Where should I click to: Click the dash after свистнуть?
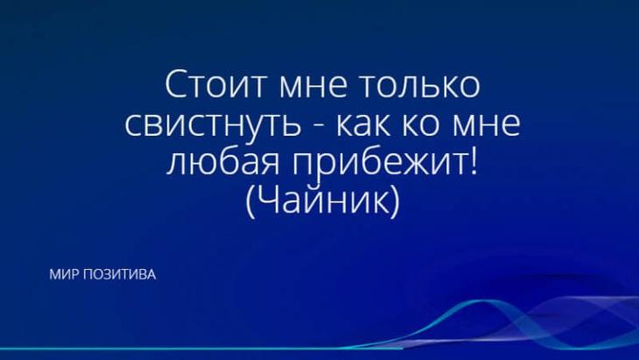[321, 127]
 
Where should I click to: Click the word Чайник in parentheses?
[322, 199]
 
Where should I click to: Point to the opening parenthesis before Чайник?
[250, 201]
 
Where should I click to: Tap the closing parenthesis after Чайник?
[394, 201]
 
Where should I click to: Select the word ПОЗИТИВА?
[119, 275]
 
